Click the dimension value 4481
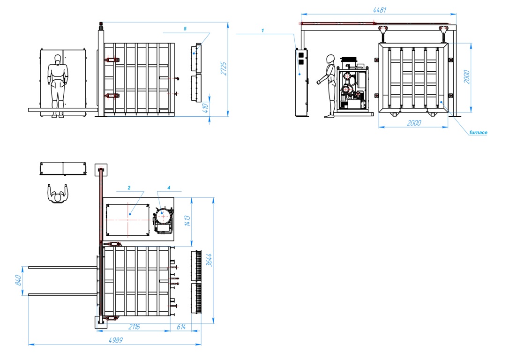click(x=380, y=10)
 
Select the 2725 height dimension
click(x=224, y=68)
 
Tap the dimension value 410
click(x=205, y=108)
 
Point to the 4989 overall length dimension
click(x=116, y=340)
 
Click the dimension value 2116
click(x=134, y=327)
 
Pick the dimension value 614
click(x=181, y=327)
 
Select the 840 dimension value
click(x=18, y=280)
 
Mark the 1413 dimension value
click(x=187, y=221)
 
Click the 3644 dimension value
click(x=209, y=260)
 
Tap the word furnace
click(x=478, y=133)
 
